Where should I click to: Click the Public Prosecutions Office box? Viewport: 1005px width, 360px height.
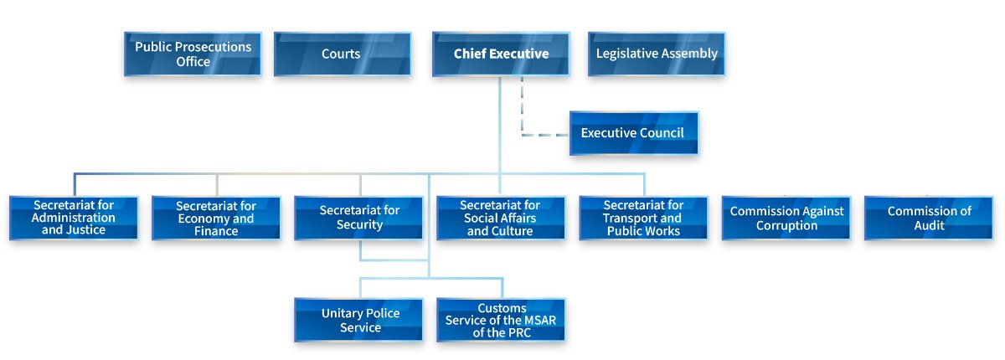[193, 54]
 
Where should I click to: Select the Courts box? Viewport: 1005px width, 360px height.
[343, 54]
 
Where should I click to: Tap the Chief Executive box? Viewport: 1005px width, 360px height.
[501, 54]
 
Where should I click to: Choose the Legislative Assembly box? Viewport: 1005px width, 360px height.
[657, 54]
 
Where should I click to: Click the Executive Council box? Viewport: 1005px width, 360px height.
[634, 133]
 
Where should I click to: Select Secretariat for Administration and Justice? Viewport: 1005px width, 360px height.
[74, 218]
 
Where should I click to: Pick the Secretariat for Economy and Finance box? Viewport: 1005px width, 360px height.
[216, 218]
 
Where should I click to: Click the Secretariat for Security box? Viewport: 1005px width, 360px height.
[359, 218]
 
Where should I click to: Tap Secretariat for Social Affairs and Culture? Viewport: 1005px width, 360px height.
[501, 218]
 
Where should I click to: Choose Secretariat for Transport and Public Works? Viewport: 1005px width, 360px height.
[644, 218]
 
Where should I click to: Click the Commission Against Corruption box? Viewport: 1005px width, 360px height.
[786, 218]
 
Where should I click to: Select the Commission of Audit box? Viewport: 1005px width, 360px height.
[929, 218]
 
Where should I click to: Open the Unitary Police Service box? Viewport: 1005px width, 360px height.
[359, 320]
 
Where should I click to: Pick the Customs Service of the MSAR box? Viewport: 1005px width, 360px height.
[501, 320]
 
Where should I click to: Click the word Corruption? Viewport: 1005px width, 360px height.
[787, 225]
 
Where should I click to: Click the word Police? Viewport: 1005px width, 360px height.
[383, 313]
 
